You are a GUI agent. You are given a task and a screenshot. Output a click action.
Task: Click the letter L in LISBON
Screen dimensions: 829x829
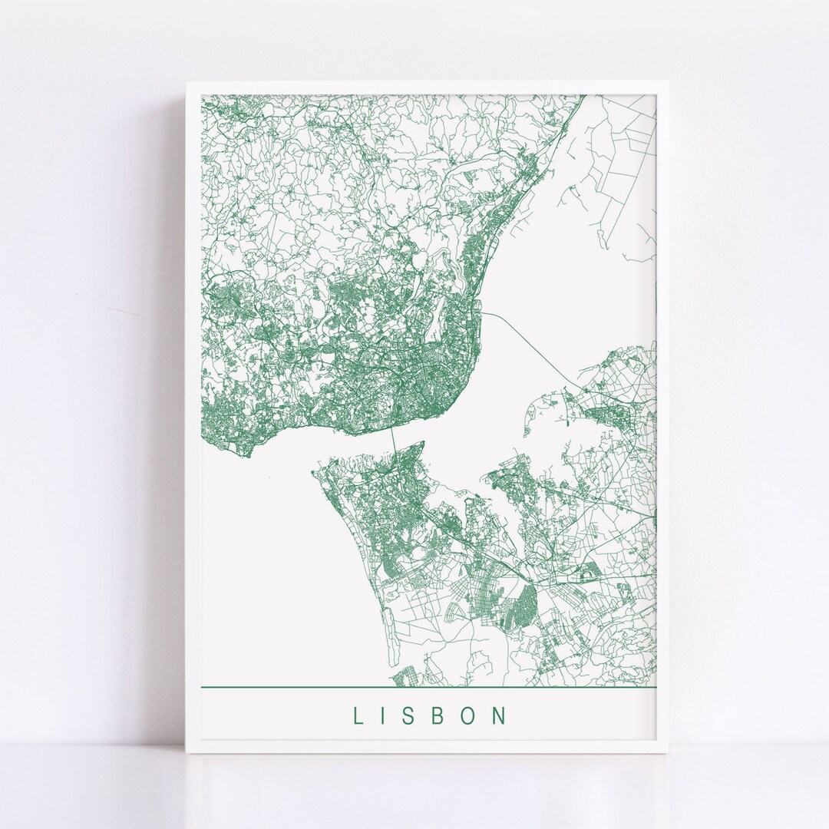pos(357,716)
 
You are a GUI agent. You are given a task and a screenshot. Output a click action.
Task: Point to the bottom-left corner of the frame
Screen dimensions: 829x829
pos(187,753)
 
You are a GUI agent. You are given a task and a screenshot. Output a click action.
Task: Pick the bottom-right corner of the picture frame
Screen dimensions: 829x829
pos(667,753)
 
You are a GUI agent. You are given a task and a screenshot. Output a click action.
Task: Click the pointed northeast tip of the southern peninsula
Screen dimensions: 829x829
pos(422,442)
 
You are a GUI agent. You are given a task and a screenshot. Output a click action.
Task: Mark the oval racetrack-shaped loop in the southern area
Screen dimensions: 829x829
pos(590,570)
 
